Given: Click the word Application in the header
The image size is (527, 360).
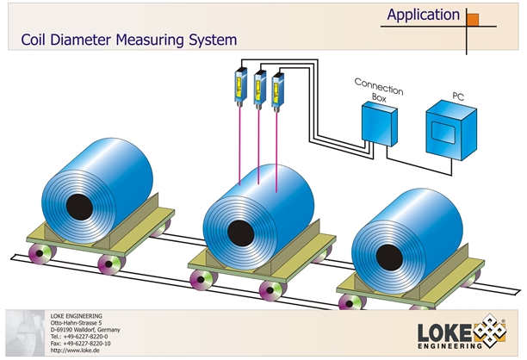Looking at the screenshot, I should (423, 15).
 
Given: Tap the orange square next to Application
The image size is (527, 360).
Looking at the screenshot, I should (473, 17).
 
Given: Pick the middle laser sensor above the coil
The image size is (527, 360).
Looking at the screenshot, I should (259, 85).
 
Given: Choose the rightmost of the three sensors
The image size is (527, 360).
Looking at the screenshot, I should (277, 87).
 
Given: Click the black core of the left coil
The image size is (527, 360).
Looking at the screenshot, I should (79, 206).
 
